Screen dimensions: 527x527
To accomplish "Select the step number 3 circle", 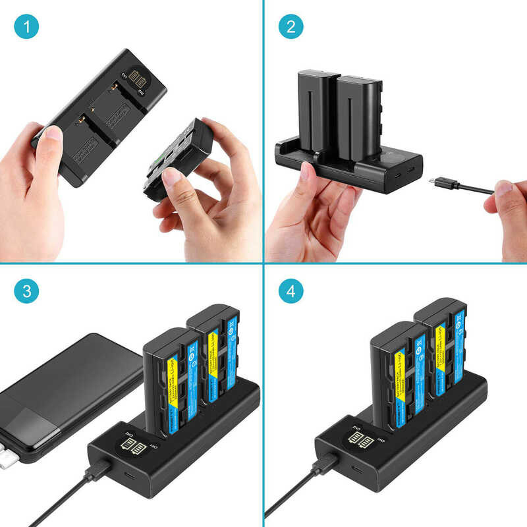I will point(26,291).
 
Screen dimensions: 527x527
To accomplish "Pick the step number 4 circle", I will point(291,291).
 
